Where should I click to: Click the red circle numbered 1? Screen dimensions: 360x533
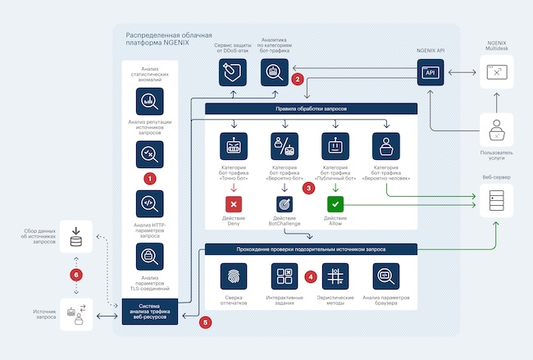(150, 177)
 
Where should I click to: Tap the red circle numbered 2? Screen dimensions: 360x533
(298, 80)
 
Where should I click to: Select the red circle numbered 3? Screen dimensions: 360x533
(308, 188)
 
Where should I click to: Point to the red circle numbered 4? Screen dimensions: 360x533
(310, 276)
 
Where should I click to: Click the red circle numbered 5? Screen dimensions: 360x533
(205, 322)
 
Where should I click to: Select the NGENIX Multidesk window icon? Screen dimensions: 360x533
(495, 73)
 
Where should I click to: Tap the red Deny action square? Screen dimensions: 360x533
(234, 203)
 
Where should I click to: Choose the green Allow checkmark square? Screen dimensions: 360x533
(335, 203)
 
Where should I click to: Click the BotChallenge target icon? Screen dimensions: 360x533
(285, 203)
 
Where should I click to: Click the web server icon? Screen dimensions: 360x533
(494, 198)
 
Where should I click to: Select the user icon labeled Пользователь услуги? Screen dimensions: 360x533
(494, 130)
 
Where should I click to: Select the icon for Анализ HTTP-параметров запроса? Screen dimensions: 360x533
(150, 203)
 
